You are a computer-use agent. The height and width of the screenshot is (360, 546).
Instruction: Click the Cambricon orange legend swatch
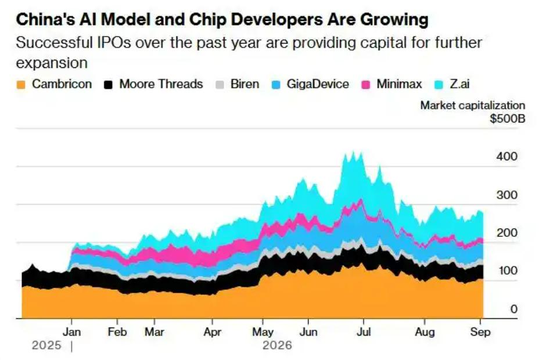click(x=21, y=85)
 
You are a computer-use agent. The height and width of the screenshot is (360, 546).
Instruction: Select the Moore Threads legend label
click(x=161, y=84)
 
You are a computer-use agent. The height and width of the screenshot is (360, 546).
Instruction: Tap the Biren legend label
click(x=245, y=84)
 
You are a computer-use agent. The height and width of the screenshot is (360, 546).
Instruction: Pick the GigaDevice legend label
click(x=318, y=84)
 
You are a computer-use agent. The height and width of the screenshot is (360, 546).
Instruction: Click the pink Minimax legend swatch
click(x=366, y=85)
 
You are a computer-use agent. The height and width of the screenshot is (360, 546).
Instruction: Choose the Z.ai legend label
click(x=459, y=84)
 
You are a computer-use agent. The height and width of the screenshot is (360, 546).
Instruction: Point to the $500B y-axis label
click(x=507, y=118)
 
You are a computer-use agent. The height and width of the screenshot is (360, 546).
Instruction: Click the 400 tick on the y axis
click(x=507, y=156)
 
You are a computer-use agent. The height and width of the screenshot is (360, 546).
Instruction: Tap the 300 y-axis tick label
click(x=507, y=195)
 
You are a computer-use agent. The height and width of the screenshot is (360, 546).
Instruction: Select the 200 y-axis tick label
click(x=507, y=233)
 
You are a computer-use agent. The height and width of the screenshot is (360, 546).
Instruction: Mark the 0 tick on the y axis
click(x=514, y=309)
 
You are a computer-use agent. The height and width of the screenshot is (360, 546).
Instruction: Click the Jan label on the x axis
click(x=71, y=332)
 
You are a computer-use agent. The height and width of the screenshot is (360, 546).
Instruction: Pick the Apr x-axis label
click(x=213, y=332)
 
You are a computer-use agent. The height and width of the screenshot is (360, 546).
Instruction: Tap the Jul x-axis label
click(x=364, y=332)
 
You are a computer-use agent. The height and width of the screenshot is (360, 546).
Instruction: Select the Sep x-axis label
click(x=480, y=332)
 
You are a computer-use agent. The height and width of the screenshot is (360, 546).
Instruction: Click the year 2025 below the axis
click(x=46, y=345)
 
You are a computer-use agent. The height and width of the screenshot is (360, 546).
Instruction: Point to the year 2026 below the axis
click(x=278, y=345)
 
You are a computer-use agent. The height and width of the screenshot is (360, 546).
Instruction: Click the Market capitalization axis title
click(x=473, y=105)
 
